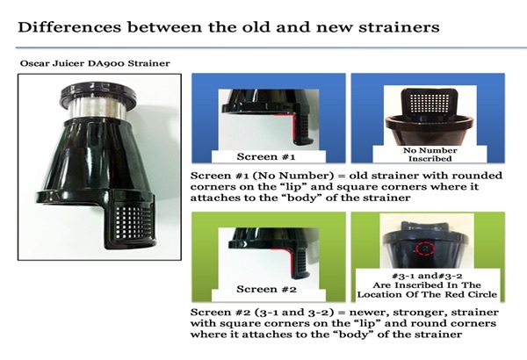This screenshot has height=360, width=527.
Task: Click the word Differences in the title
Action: pyautogui.click(x=69, y=27)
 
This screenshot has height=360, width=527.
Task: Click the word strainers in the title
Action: pyautogui.click(x=399, y=27)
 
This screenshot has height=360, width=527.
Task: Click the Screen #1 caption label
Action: pyautogui.click(x=266, y=156)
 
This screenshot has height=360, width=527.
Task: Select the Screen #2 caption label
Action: pyautogui.click(x=266, y=289)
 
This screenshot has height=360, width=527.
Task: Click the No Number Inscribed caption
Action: pyautogui.click(x=430, y=155)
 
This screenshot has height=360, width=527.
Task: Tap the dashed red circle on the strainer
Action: pyautogui.click(x=425, y=248)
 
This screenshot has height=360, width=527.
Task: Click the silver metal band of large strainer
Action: pyautogui.click(x=97, y=109)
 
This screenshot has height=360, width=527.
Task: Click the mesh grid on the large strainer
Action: pyautogui.click(x=133, y=222)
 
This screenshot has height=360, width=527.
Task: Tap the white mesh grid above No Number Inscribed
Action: pyautogui.click(x=430, y=103)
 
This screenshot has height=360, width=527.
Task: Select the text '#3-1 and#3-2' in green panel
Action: pyautogui.click(x=427, y=276)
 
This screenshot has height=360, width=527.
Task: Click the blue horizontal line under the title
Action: pyautogui.click(x=271, y=47)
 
